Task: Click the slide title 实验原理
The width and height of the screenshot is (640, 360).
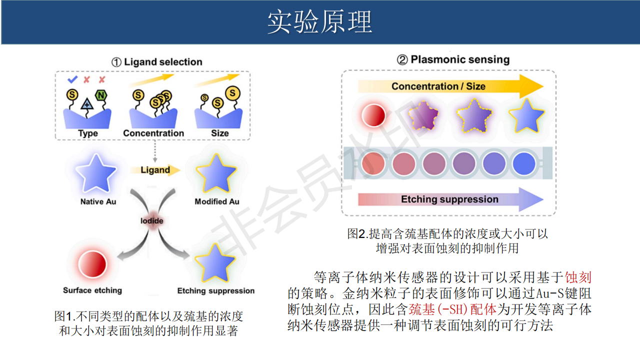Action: [319, 21]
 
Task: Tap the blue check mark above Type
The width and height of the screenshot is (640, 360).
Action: [72, 79]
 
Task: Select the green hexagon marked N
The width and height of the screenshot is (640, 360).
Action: [101, 95]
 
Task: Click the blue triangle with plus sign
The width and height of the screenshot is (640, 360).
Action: [87, 104]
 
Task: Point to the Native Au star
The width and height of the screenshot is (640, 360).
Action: [95, 174]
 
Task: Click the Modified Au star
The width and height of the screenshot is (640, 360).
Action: [216, 174]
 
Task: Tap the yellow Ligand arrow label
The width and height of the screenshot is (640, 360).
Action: [155, 170]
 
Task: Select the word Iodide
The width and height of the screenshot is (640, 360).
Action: [151, 221]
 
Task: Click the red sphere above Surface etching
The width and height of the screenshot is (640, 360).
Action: [92, 264]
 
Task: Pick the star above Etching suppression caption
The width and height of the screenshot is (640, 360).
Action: [215, 263]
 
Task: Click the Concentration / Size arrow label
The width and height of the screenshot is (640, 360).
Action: [438, 86]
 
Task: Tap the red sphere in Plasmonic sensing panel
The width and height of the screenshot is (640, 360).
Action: [373, 115]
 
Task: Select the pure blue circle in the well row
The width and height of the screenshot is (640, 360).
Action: [524, 163]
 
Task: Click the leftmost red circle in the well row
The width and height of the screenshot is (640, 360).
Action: [373, 163]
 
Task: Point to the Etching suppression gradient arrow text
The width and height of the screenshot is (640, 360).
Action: [449, 199]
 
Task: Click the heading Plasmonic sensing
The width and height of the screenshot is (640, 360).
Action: [460, 59]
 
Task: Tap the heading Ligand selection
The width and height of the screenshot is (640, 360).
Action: [163, 62]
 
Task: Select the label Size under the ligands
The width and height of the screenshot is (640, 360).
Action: [219, 133]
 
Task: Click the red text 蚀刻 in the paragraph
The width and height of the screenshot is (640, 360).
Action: [578, 277]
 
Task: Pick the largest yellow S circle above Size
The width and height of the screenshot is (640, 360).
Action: [232, 93]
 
